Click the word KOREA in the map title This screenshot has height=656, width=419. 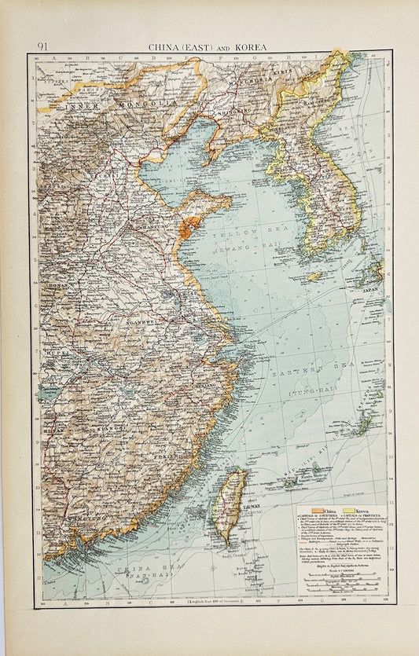pos(251,47)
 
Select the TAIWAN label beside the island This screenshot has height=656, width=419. pos(226,510)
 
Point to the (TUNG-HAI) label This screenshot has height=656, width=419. pos(313,390)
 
